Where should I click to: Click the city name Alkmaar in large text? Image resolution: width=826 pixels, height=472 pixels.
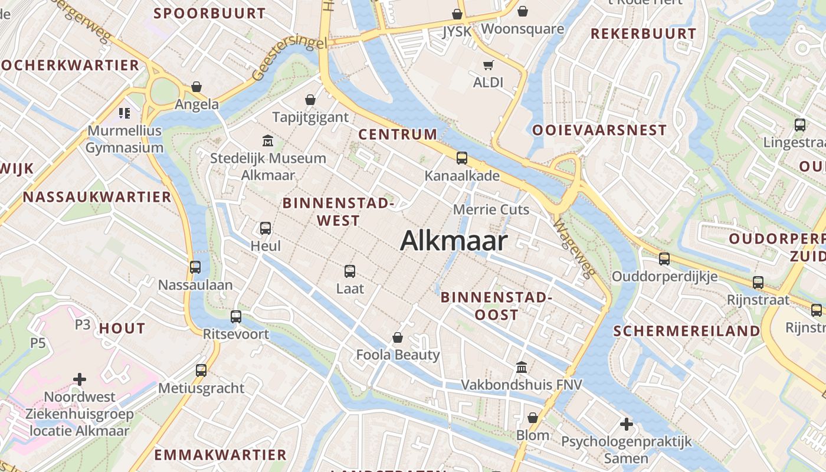pyautogui.click(x=454, y=241)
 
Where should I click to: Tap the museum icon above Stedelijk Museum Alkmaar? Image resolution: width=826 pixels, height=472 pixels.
pyautogui.click(x=268, y=141)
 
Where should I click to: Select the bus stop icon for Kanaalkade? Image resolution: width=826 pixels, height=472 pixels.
pyautogui.click(x=462, y=158)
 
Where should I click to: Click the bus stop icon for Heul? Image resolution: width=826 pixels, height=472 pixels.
pyautogui.click(x=265, y=228)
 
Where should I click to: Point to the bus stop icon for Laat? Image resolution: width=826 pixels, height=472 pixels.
pyautogui.click(x=350, y=271)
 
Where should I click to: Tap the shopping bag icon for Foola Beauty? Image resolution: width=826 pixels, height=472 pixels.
pyautogui.click(x=398, y=337)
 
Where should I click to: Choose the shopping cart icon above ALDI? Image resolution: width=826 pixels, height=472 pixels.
pyautogui.click(x=488, y=65)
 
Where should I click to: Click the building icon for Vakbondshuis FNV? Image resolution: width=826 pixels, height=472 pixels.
pyautogui.click(x=521, y=368)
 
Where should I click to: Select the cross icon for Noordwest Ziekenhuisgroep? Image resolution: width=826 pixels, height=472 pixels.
pyautogui.click(x=80, y=379)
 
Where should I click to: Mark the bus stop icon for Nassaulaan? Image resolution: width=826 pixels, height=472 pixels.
pyautogui.click(x=195, y=267)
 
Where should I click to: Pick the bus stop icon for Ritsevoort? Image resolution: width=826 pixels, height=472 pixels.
pyautogui.click(x=236, y=317)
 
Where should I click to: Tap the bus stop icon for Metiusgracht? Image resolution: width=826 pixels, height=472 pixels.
pyautogui.click(x=201, y=371)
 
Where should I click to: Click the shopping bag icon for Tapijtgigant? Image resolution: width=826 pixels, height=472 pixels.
pyautogui.click(x=310, y=100)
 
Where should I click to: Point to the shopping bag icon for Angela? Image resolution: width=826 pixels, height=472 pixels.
pyautogui.click(x=196, y=87)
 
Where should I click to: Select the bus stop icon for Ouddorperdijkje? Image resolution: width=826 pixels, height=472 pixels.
pyautogui.click(x=664, y=258)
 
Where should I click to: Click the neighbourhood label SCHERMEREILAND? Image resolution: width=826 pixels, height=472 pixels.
pyautogui.click(x=687, y=331)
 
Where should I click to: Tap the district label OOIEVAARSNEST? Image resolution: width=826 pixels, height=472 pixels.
pyautogui.click(x=599, y=130)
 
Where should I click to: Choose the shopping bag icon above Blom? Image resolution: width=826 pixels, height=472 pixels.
pyautogui.click(x=533, y=418)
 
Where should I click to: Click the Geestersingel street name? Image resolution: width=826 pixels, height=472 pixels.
pyautogui.click(x=289, y=59)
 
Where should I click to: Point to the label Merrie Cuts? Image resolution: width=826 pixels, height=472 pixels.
pyautogui.click(x=491, y=209)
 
